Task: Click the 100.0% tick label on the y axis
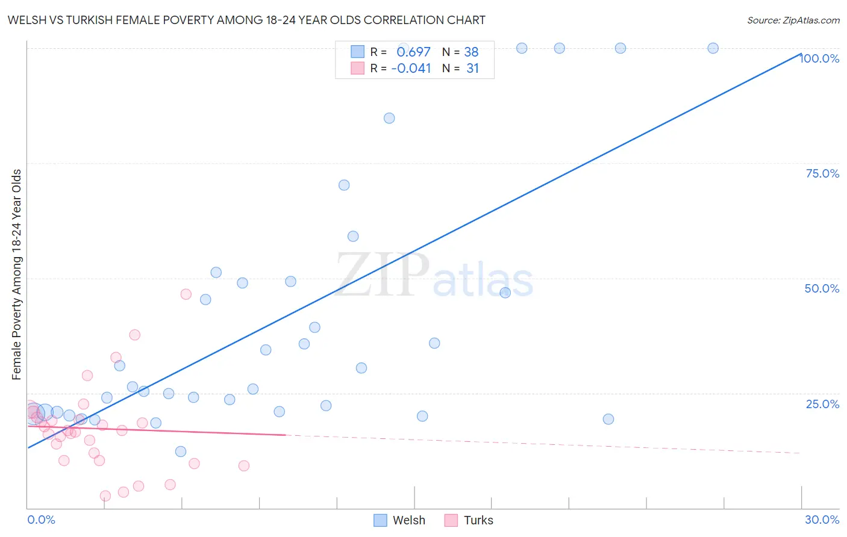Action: [820, 58]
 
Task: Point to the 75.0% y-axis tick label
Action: [822, 173]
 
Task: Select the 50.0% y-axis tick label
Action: [822, 288]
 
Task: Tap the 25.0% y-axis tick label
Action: [822, 404]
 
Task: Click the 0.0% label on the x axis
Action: [41, 520]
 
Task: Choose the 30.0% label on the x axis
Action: [822, 520]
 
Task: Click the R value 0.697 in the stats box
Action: [413, 52]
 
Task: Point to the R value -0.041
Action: [411, 69]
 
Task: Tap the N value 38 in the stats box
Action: [471, 52]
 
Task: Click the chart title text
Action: [246, 20]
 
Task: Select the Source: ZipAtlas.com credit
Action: [793, 20]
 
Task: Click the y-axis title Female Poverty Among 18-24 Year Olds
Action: [16, 275]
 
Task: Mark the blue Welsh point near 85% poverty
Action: [389, 118]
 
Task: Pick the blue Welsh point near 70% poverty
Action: [344, 185]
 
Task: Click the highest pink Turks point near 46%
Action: [186, 294]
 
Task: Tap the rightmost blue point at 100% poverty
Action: [713, 48]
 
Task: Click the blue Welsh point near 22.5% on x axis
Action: [608, 419]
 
